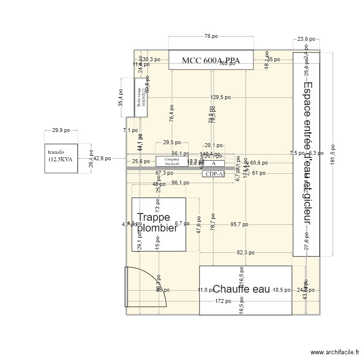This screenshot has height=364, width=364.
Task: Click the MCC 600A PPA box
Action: click(211, 60)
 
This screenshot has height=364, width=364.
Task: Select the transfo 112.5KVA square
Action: click(61, 158)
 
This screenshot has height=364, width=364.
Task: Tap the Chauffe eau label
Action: click(241, 289)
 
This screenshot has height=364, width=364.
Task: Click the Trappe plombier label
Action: click(157, 223)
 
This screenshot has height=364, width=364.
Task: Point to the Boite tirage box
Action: click(141, 98)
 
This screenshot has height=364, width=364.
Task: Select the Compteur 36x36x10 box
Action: click(172, 161)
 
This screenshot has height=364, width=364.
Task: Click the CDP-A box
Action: click(213, 174)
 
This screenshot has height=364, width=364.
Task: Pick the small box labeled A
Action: click(213, 164)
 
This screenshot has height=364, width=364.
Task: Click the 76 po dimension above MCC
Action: click(211, 36)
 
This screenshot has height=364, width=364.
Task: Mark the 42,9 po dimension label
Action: click(102, 158)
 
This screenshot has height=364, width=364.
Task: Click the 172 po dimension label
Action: click(223, 301)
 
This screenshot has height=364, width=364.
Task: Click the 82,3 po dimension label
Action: click(246, 253)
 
